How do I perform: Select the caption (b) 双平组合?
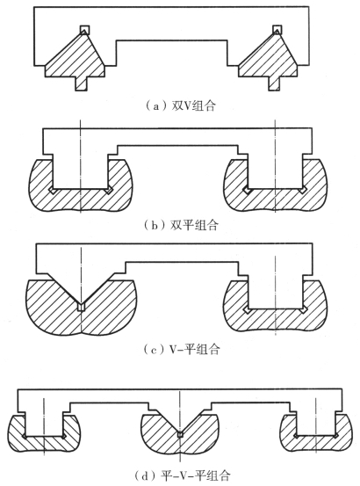tap(182, 225)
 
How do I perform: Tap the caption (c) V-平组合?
tap(182, 349)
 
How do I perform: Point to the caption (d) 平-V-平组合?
tap(183, 475)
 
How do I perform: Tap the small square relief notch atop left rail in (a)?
tap(85, 30)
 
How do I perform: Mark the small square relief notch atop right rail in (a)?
tap(277, 30)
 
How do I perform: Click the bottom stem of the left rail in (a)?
tap(82, 83)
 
